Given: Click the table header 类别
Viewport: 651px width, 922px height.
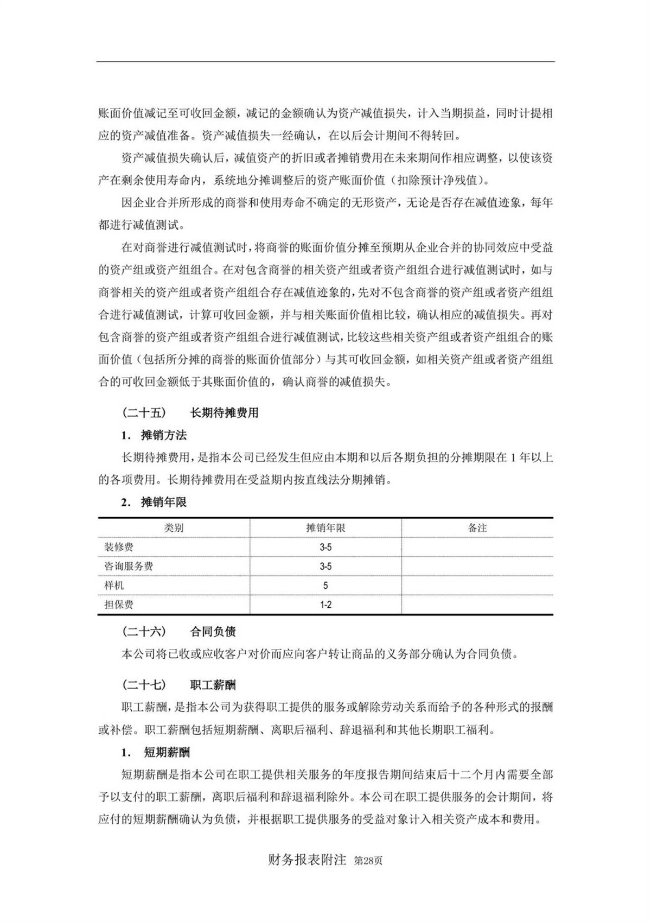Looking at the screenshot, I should coord(174,528).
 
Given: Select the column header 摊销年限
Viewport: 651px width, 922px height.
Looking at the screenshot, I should coord(325,528).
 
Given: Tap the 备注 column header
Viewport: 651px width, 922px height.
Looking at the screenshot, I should coord(477,528).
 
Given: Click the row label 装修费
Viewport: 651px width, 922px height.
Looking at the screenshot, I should coord(119,547).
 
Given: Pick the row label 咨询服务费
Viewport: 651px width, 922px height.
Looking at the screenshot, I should coord(129,566).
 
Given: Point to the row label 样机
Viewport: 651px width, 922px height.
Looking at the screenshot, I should coord(114,586).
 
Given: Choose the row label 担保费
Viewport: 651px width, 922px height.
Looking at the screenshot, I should coord(119,605).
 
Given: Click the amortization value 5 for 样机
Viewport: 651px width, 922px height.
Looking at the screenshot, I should coord(325,586).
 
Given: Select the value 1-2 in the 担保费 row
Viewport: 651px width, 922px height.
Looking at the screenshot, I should coord(325,605).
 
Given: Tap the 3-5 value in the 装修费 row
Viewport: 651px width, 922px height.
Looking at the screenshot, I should coord(325,547).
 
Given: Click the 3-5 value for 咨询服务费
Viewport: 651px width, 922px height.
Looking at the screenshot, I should coord(325,566).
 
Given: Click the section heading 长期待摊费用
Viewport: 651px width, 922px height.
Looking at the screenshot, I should coord(224,413).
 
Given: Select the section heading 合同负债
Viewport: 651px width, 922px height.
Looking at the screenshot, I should coord(213,632).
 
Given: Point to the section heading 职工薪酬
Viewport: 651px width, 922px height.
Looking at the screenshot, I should coord(213,685).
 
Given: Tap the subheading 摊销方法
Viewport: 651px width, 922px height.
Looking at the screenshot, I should coord(164,435).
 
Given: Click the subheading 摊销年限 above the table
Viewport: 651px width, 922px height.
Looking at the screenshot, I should coord(164,503).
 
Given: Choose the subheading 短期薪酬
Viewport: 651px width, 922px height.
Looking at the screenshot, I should coord(167,753).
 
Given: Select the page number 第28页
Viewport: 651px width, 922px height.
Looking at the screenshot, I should coord(368,861).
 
